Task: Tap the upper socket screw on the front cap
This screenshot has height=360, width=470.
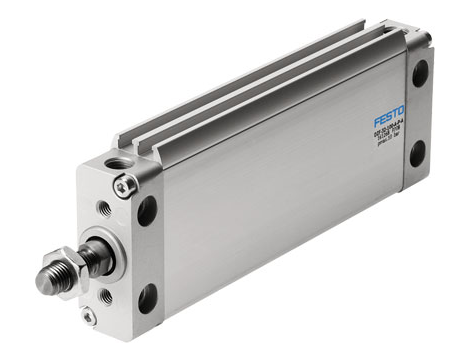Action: click(x=125, y=185)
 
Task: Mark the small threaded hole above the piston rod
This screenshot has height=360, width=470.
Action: click(x=104, y=208)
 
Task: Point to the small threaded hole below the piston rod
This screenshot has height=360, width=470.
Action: click(x=106, y=295)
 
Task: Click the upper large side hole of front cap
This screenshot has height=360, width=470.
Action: click(x=148, y=209)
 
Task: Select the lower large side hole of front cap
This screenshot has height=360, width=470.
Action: click(x=148, y=297)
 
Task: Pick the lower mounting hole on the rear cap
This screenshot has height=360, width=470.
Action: click(x=417, y=153)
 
